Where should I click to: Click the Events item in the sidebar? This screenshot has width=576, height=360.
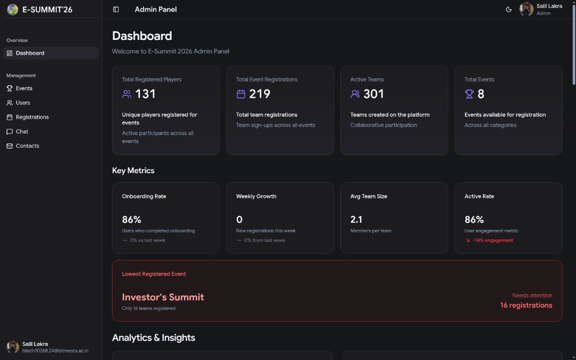coord(24,88)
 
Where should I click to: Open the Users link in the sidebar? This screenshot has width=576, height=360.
coord(22,102)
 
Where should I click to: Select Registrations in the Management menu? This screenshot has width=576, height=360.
coord(32,117)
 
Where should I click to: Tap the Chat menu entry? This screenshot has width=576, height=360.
coord(22,131)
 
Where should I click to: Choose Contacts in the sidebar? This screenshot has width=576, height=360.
coord(27,146)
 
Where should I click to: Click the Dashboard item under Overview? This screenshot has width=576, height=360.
coord(30,53)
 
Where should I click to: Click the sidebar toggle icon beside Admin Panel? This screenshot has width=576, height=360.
coord(116,9)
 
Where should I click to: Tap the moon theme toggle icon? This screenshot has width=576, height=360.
coord(508,9)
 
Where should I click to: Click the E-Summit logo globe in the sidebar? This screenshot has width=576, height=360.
coord(12,10)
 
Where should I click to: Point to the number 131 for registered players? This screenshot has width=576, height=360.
coord(146,94)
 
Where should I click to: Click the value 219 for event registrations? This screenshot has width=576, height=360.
coord(260,94)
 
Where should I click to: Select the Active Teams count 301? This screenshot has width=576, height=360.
coord(373,94)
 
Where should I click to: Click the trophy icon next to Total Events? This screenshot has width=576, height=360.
coord(469,94)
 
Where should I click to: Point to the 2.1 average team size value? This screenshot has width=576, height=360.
coord(356,219)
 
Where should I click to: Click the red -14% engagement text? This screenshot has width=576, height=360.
coord(493,240)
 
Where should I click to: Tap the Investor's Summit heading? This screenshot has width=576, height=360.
coord(163,297)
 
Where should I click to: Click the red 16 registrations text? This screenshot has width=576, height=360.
coord(526,305)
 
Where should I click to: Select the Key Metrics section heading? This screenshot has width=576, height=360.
coord(133,170)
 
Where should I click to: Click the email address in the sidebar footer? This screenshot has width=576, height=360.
coord(55,350)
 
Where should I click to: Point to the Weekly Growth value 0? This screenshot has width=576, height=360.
coord(239,219)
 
